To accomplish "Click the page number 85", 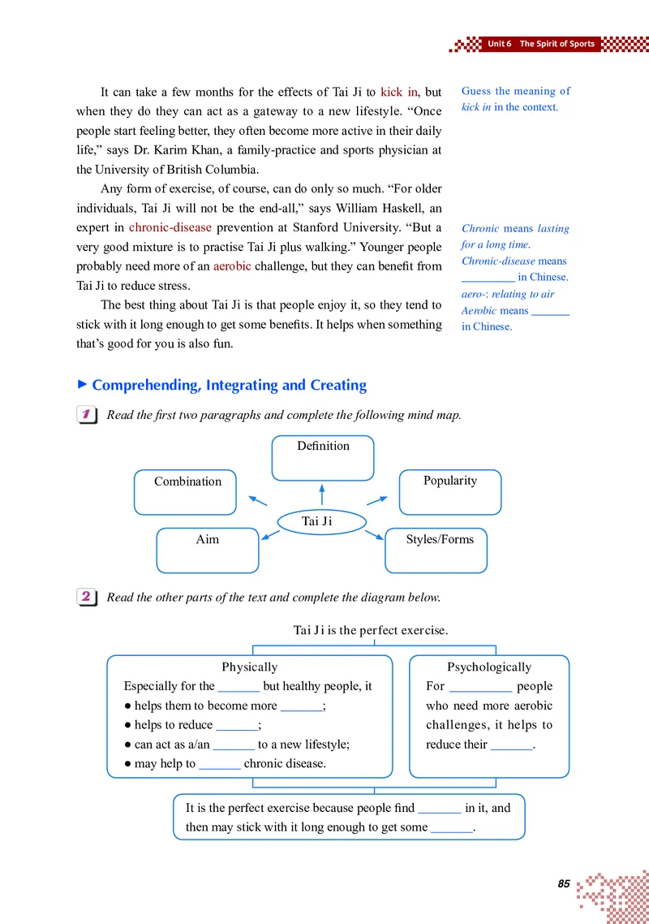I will coord(564,883).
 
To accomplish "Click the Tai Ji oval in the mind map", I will coord(322,521).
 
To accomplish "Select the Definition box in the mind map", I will coord(323,458).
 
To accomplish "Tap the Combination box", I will coord(185,492).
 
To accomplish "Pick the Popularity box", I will coord(450,492).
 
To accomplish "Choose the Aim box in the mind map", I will coord(207,551).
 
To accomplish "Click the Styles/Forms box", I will coord(436,551).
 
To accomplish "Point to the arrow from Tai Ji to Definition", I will coord(322,494).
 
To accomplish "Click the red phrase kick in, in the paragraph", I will coord(398,92).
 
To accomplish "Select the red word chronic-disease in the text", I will coord(170,227).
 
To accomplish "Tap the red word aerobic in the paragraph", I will coord(232,266).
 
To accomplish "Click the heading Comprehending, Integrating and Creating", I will coord(230,385).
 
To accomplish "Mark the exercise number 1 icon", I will coord(84,415).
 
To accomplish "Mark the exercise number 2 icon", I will coord(84,597).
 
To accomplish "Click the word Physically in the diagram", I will coord(249,667).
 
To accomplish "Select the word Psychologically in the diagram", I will coord(489,667).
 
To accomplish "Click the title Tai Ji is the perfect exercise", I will coord(371,629).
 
